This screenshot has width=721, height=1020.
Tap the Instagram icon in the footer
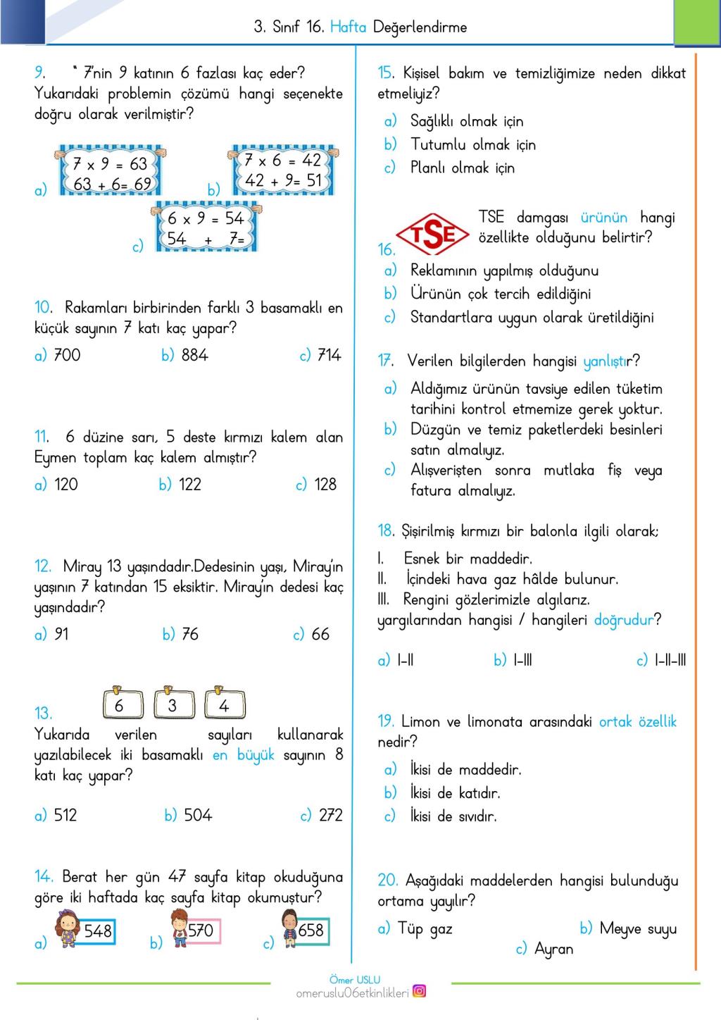pos(419,991)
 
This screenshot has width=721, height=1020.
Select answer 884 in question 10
pos(194,355)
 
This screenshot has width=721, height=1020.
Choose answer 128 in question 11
pos(325,484)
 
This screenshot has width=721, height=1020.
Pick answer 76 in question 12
pos(190,634)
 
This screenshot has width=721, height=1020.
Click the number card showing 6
pos(119,704)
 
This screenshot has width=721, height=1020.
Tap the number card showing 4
pos(224,704)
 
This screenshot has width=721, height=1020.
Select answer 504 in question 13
pos(198,815)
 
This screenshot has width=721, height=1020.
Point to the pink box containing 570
pos(200,931)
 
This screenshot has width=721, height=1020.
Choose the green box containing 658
pos(311,931)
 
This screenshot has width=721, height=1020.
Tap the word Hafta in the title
pos(348,27)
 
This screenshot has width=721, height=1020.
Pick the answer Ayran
pos(553,949)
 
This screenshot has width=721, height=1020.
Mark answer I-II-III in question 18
pos(670,660)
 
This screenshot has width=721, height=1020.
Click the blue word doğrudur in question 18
pos(623,620)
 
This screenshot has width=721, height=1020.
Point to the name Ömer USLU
pos(355,979)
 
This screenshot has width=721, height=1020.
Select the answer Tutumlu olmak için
pos(473,144)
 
